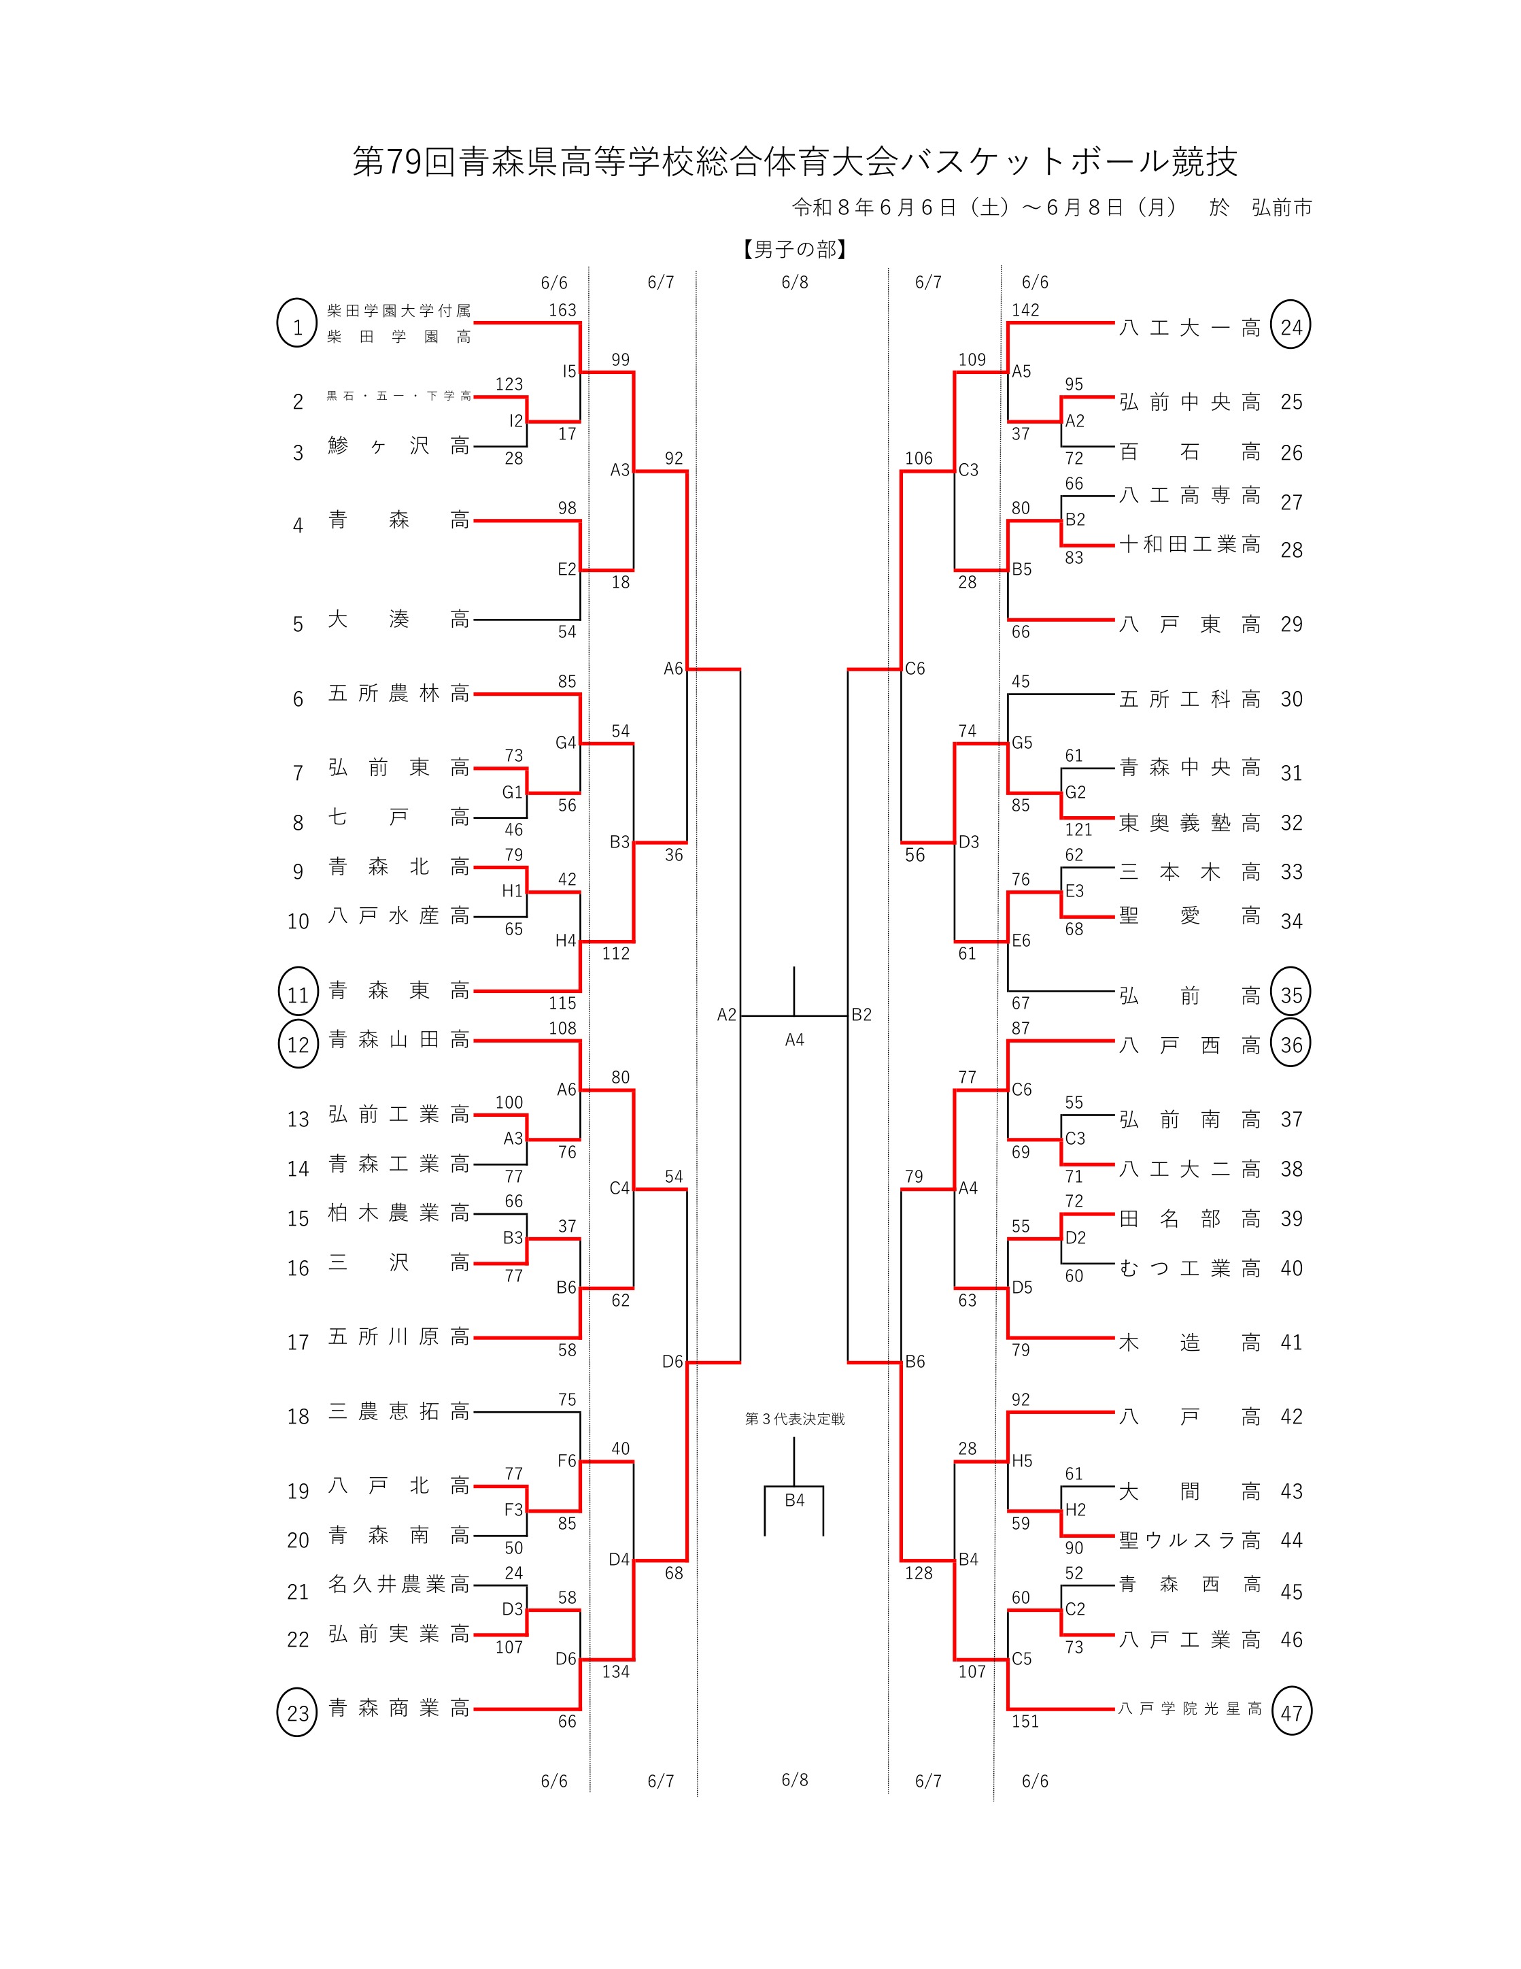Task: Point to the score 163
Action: [562, 310]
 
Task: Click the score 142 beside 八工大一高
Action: [1025, 310]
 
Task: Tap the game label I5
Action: [568, 371]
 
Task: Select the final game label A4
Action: [794, 1039]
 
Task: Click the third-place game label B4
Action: [794, 1501]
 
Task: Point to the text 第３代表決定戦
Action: [795, 1419]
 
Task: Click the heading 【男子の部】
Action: [795, 250]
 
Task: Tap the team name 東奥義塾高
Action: [1189, 822]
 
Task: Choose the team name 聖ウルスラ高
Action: [1189, 1540]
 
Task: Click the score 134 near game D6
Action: [616, 1672]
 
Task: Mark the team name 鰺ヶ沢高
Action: [398, 445]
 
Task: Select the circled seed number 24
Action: [1291, 326]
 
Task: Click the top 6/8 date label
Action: [795, 282]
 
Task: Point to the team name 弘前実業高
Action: [398, 1634]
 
